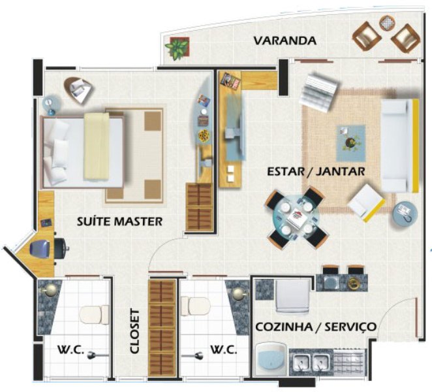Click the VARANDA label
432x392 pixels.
(x=285, y=41)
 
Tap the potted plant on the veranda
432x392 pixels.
(x=177, y=48)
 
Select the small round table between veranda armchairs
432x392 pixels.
(x=387, y=23)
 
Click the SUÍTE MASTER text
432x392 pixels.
(x=119, y=221)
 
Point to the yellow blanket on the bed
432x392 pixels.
(x=97, y=146)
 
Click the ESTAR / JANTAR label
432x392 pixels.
(x=316, y=171)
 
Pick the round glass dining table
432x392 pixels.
(x=297, y=218)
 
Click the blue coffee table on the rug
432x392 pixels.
(x=351, y=143)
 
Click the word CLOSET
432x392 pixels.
(x=135, y=331)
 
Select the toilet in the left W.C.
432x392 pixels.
(x=94, y=314)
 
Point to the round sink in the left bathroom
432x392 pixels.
(x=50, y=291)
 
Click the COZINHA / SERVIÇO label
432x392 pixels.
(x=316, y=327)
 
